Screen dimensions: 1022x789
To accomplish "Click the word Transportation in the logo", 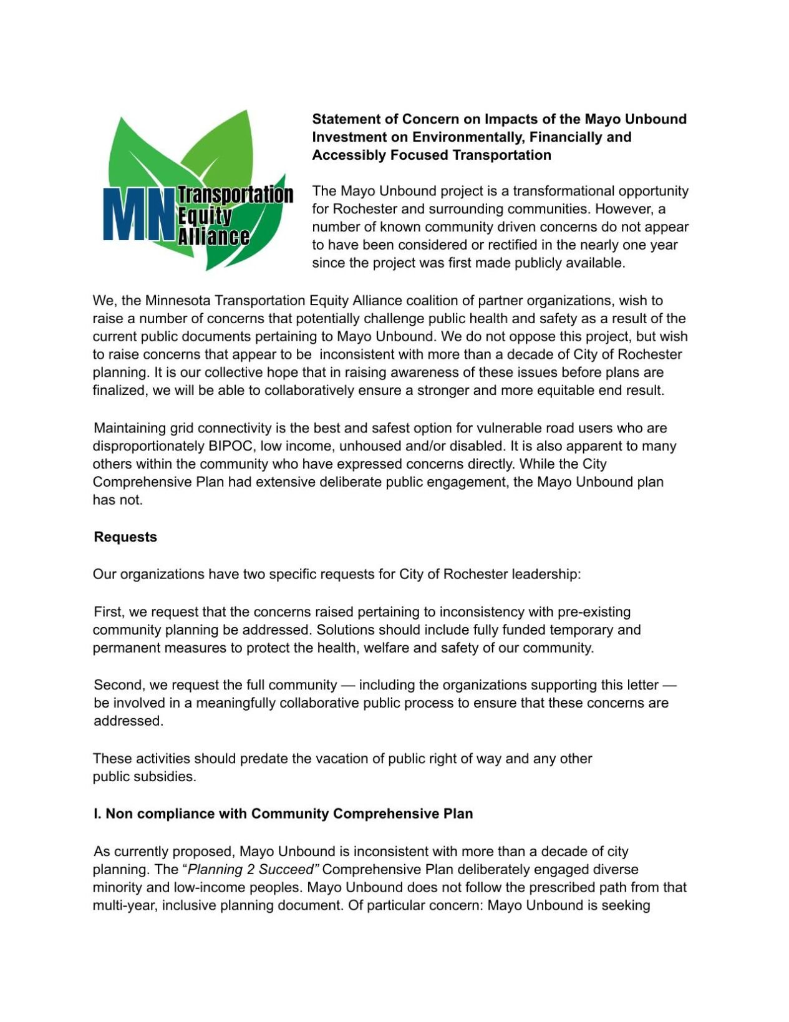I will pos(235,195).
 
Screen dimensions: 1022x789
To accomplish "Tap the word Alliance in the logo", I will pos(213,236).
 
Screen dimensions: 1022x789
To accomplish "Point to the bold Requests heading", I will pos(125,537).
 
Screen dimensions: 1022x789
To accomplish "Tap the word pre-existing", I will pos(592,612).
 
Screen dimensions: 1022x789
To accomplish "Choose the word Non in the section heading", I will pos(118,814).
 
